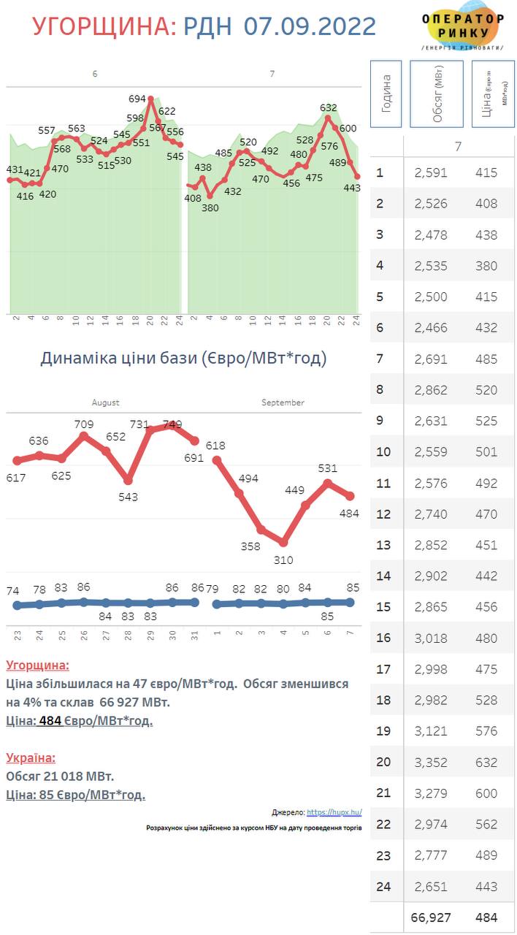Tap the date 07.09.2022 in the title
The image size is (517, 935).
tap(310, 26)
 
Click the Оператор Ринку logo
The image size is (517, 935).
tap(463, 30)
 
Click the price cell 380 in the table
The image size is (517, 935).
tap(486, 266)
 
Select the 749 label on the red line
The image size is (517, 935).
tap(172, 424)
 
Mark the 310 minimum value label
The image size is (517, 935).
tap(284, 560)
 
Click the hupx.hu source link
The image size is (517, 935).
tap(334, 812)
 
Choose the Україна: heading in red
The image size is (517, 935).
tap(31, 758)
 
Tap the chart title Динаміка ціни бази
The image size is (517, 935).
tap(183, 358)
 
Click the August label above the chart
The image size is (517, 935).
tap(105, 402)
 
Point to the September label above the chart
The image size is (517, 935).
tap(283, 402)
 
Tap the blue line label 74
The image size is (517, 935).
tap(13, 590)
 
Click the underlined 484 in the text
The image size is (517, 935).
tap(50, 721)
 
